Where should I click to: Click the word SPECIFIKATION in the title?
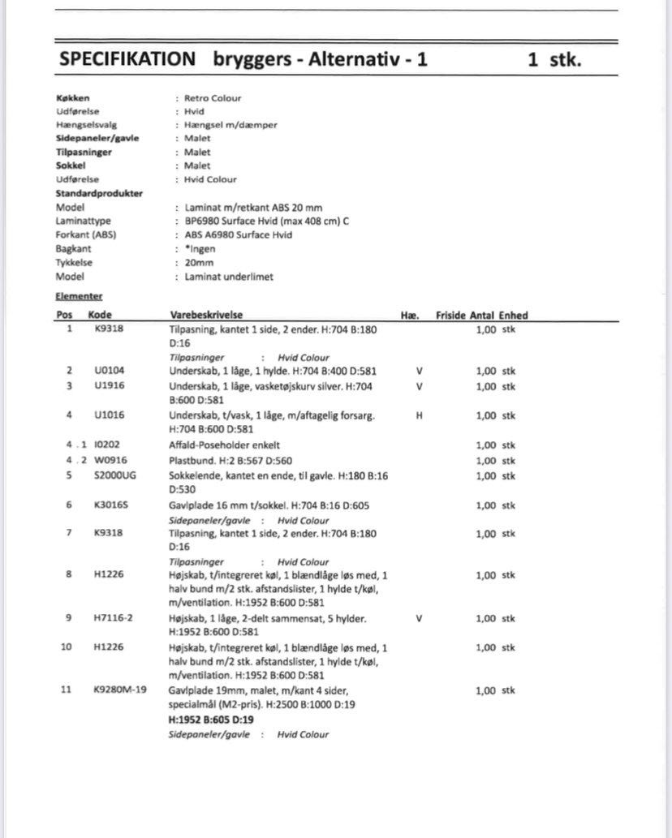coord(127,59)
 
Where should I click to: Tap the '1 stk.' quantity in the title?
coord(554,59)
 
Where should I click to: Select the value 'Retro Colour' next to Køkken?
coord(213,98)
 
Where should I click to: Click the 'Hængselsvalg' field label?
coord(87,125)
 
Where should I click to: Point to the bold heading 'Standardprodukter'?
coord(99,193)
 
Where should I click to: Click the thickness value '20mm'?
coord(199,263)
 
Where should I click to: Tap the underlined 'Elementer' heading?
coord(79,297)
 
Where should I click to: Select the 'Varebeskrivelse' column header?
coord(207,315)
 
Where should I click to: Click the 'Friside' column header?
coord(450,315)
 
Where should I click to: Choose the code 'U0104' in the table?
coord(109,371)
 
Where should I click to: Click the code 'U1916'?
coord(109,386)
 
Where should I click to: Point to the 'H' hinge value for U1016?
coord(420,415)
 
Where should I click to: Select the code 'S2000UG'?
coord(115,475)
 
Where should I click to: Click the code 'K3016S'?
coord(110,505)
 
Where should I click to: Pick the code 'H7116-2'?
coord(113,618)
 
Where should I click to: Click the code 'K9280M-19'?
coord(119,690)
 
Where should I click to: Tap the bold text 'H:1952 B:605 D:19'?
coord(211,720)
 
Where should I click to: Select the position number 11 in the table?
coord(67,690)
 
